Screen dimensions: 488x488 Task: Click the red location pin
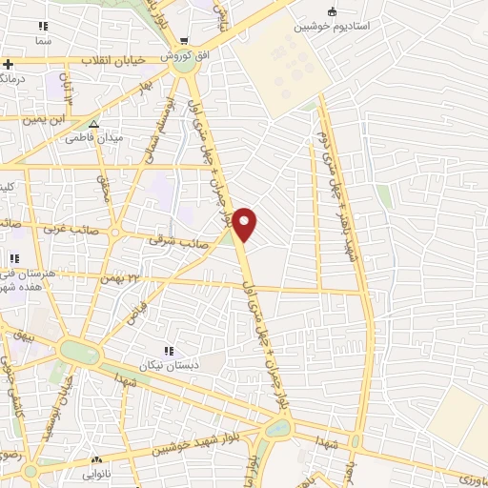pos(246,224)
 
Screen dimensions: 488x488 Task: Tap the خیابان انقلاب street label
pos(112,60)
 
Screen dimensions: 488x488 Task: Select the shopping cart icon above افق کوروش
pos(182,41)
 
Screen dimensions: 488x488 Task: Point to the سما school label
pos(42,43)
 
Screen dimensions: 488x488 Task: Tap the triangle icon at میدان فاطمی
pos(93,124)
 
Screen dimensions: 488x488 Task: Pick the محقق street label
pos(105,184)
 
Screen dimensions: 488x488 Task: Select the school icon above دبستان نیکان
pos(170,349)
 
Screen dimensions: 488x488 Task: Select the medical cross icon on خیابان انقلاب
pos(8,65)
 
